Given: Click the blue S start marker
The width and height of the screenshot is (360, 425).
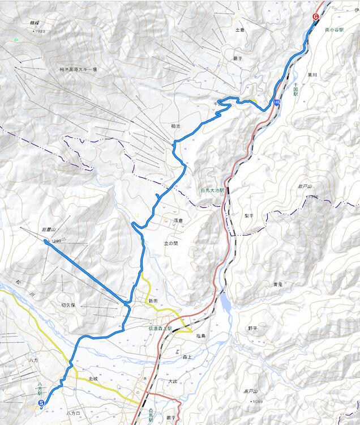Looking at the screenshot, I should tap(41, 403).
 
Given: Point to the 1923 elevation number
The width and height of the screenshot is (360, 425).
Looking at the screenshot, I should tap(40, 31).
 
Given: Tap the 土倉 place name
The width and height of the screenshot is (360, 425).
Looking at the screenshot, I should tap(239, 29).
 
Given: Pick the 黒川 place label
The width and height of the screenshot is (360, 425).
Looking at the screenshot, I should tap(312, 74).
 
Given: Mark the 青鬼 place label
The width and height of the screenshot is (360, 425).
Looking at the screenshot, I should tap(277, 284).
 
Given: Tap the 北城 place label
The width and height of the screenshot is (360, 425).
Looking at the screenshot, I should tap(93, 378).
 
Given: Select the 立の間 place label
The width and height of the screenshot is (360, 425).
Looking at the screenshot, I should tap(170, 243).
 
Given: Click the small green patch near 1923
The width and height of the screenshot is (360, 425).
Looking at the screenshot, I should tap(15, 40).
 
